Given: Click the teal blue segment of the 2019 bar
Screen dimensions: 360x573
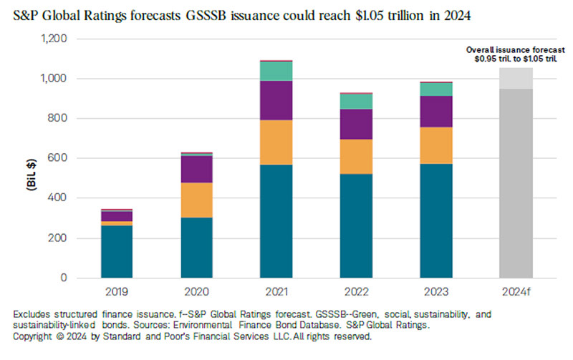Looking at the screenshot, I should (x=117, y=251).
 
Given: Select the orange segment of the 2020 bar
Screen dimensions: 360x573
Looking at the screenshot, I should (x=196, y=200).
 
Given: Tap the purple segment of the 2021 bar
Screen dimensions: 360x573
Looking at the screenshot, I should (x=276, y=100).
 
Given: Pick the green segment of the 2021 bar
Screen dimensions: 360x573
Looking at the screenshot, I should (x=276, y=71).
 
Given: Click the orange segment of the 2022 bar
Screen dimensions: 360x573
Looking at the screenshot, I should (x=356, y=156).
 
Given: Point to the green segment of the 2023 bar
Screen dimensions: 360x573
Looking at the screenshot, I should (x=436, y=89).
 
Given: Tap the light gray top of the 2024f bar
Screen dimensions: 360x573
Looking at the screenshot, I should (x=516, y=78).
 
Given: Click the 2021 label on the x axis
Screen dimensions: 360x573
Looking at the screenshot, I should (x=276, y=292).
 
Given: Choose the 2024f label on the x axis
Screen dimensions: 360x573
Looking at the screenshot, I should (x=516, y=292).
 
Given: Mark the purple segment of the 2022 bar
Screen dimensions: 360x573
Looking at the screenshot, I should (x=356, y=124).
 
